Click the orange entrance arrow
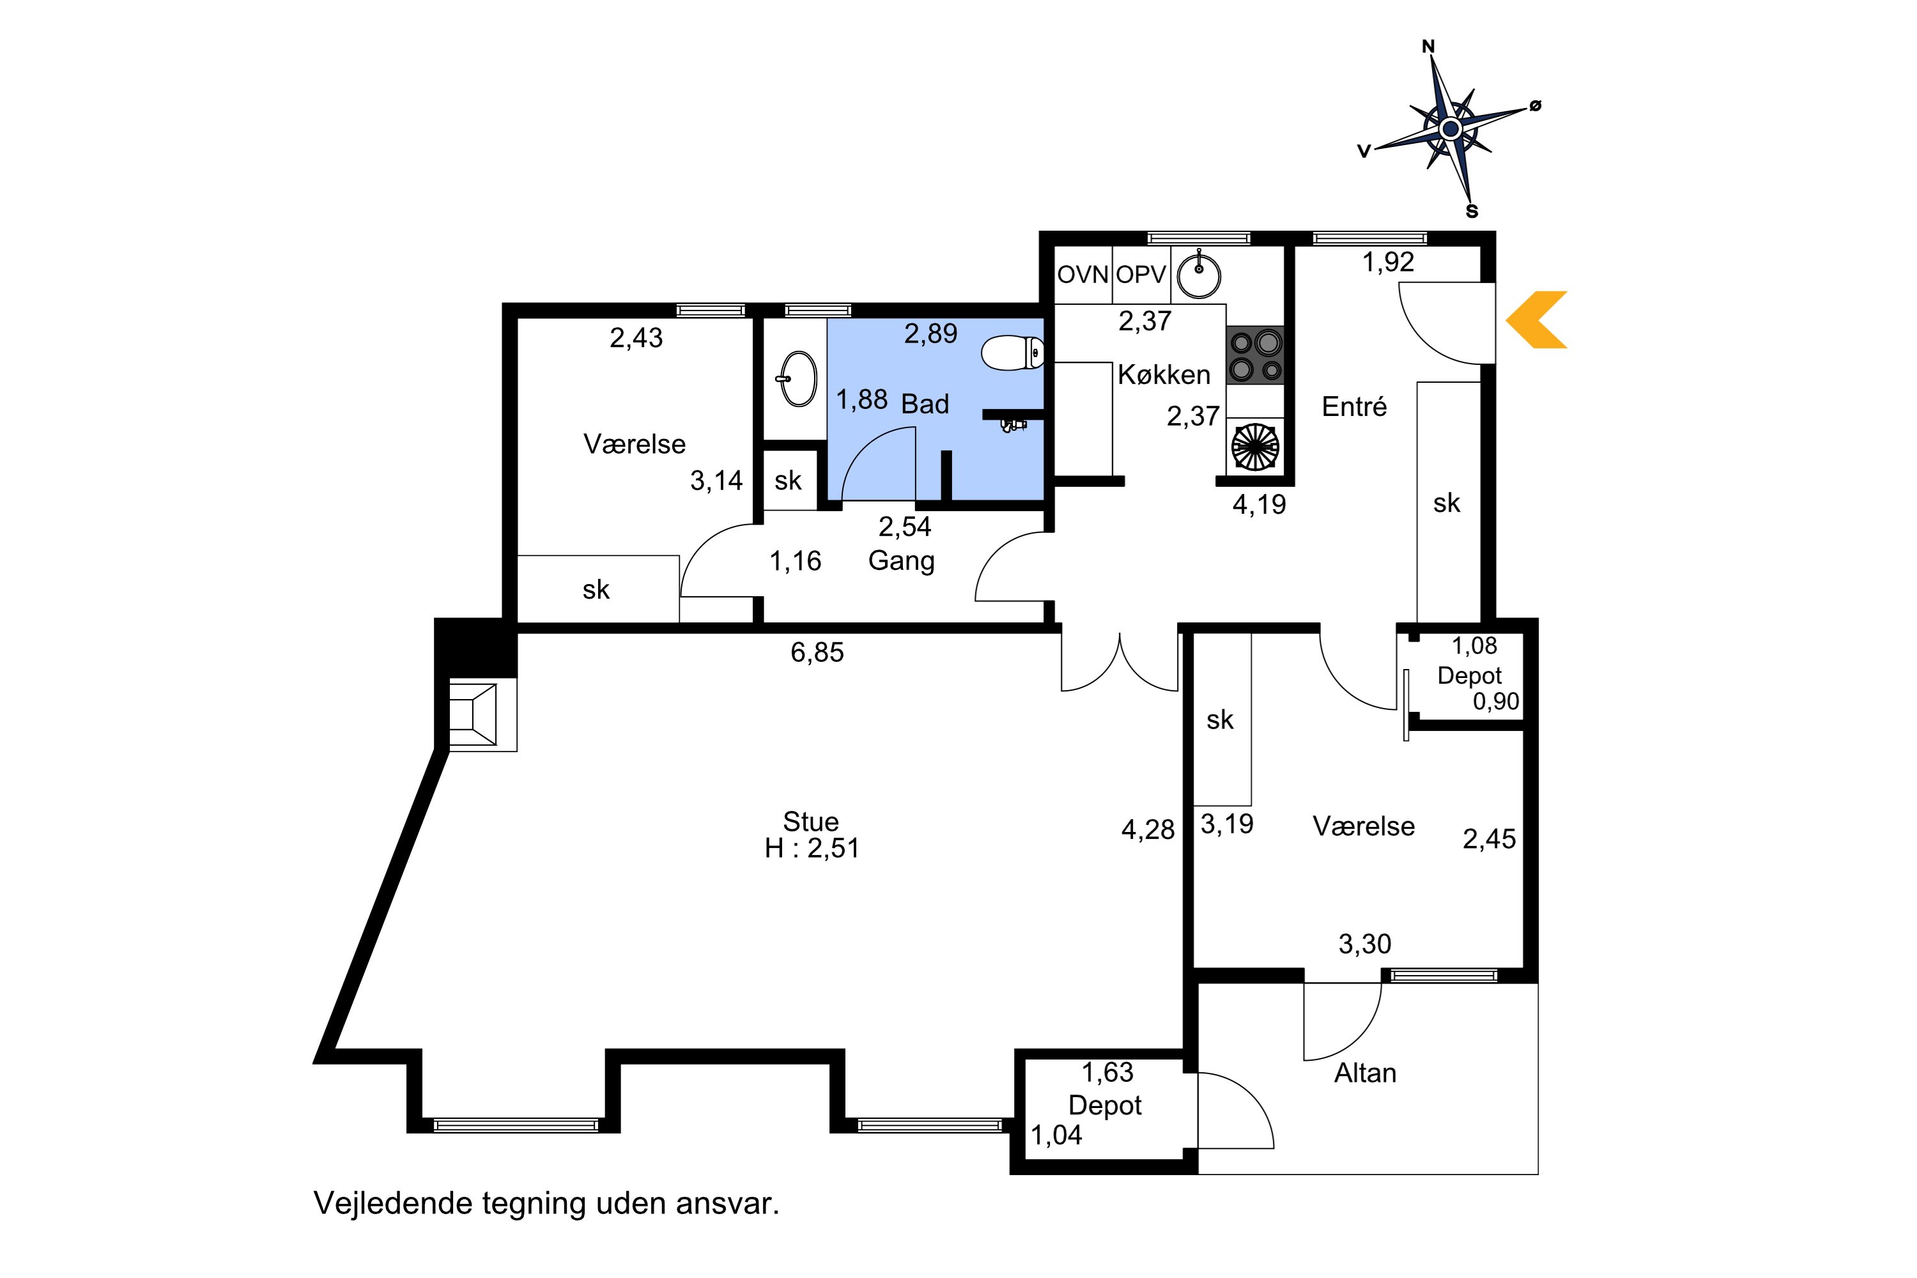pyautogui.click(x=1536, y=319)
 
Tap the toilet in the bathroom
pyautogui.click(x=1013, y=353)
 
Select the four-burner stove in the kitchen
pyautogui.click(x=1255, y=355)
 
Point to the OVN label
pyautogui.click(x=1083, y=275)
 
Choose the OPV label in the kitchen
pyautogui.click(x=1141, y=275)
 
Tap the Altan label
pyautogui.click(x=1365, y=1073)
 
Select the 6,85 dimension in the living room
pyautogui.click(x=817, y=652)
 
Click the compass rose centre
pyautogui.click(x=1450, y=129)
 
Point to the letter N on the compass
pyautogui.click(x=1428, y=47)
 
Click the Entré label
pyautogui.click(x=1354, y=406)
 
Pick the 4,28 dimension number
pyautogui.click(x=1148, y=829)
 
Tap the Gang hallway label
pyautogui.click(x=902, y=562)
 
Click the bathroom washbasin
pyautogui.click(x=798, y=378)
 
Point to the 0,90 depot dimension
pyautogui.click(x=1496, y=701)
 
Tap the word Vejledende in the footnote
pyautogui.click(x=393, y=1203)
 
